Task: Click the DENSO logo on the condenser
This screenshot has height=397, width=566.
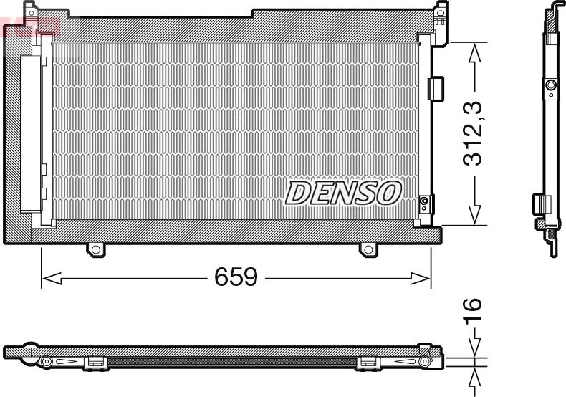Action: click(x=344, y=192)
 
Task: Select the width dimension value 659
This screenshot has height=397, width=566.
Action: click(x=236, y=277)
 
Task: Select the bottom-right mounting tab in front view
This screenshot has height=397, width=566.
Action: click(x=368, y=249)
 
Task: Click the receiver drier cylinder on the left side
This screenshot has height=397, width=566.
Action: click(x=31, y=133)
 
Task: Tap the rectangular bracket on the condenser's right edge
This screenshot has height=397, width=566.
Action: click(x=435, y=88)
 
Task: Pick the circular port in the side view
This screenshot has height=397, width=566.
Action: click(x=550, y=87)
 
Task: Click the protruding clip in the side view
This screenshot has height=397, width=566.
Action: click(x=539, y=204)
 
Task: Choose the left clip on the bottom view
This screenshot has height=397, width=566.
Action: click(x=95, y=363)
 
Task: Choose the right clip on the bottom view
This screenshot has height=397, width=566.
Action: click(x=366, y=363)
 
